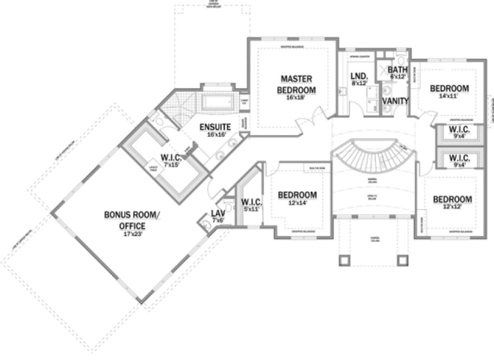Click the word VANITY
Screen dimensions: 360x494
[x=395, y=101]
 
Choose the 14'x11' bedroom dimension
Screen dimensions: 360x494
[x=449, y=97]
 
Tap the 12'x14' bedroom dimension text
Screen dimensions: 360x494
[x=297, y=203]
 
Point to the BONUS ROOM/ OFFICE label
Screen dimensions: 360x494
[x=132, y=220]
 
